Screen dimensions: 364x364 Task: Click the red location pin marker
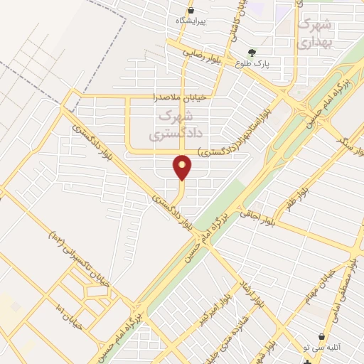(x=183, y=168)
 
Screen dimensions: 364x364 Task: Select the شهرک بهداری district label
(x=314, y=33)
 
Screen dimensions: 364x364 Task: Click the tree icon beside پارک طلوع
(x=251, y=52)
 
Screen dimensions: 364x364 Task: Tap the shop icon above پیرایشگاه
(x=190, y=11)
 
